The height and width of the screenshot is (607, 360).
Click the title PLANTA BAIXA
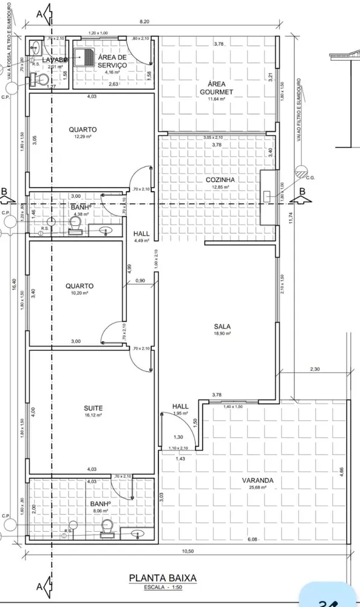163,578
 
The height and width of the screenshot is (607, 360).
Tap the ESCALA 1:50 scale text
163,588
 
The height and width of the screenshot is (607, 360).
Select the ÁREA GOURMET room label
217,87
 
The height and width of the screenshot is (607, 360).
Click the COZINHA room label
220,180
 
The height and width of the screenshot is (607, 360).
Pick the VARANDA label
257,480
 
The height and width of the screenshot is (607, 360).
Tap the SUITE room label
93,409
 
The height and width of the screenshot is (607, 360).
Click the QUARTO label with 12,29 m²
83,129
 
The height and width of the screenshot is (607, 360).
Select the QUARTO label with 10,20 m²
80,285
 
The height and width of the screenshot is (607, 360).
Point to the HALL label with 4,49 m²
141,233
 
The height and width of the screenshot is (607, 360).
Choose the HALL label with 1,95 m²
180,406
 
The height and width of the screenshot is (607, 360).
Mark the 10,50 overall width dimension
188,551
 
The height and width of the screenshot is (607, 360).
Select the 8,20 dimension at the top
144,22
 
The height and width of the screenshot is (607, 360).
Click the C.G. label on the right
310,177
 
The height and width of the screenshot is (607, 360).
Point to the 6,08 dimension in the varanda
251,538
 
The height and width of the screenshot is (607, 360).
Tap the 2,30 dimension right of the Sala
314,368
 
